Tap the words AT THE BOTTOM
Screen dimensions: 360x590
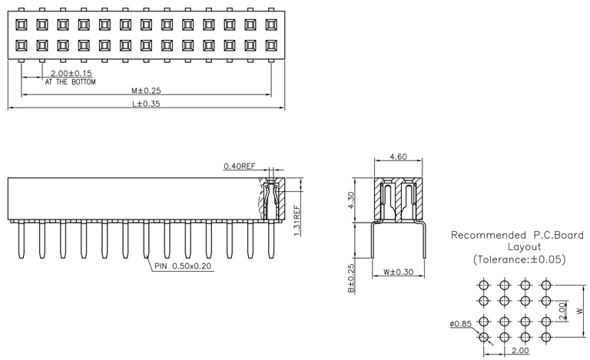pyautogui.click(x=70, y=81)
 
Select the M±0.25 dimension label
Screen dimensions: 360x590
pyautogui.click(x=145, y=90)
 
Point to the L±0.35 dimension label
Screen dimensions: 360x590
pyautogui.click(x=145, y=104)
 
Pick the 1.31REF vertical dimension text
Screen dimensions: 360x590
pyautogui.click(x=297, y=219)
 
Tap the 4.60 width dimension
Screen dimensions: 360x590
pyautogui.click(x=398, y=157)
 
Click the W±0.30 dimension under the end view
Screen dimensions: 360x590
pyautogui.click(x=398, y=272)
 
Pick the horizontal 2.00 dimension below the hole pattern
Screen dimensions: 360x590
pyautogui.click(x=519, y=351)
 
